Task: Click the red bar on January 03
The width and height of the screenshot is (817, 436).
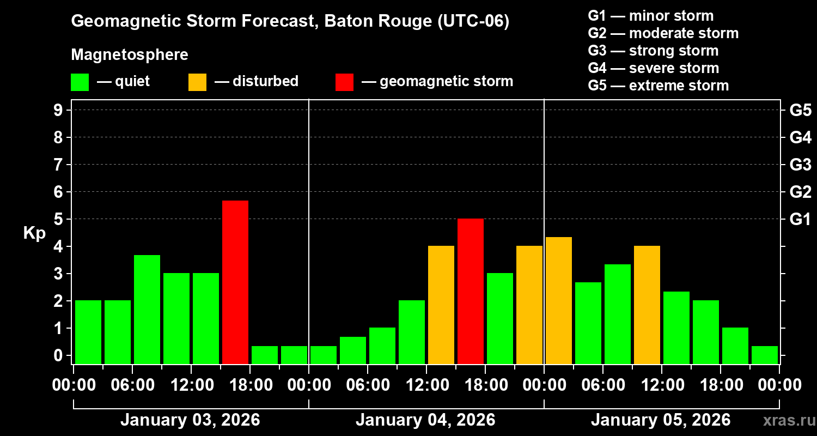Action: (x=235, y=282)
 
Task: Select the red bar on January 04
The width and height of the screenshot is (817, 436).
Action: (x=471, y=291)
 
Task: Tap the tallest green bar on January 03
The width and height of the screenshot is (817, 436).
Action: (x=147, y=309)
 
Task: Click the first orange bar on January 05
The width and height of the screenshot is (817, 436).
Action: (x=559, y=300)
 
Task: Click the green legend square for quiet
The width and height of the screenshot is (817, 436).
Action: (x=80, y=82)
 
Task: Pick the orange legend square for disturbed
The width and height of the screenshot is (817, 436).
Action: (x=197, y=82)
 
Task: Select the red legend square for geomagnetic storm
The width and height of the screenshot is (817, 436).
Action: (x=344, y=82)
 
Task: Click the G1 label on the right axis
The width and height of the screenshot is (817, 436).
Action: (x=800, y=220)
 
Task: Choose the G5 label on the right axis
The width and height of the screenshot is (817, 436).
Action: (x=800, y=111)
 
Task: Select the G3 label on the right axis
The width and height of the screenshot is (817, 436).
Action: (x=800, y=165)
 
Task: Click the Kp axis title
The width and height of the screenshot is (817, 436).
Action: (x=34, y=233)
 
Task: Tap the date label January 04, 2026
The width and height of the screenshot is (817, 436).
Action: (x=425, y=420)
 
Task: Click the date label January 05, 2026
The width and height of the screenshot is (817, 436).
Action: (x=661, y=420)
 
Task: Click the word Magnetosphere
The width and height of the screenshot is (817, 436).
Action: (x=130, y=55)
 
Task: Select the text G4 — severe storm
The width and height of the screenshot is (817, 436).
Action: (x=654, y=68)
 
